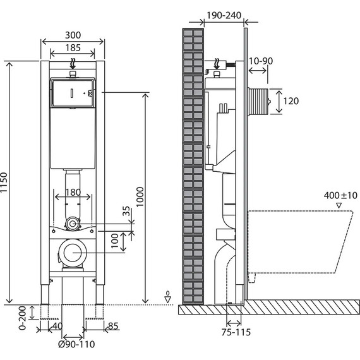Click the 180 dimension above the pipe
point(73,193)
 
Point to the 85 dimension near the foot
point(114,327)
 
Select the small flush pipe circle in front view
point(74,224)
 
